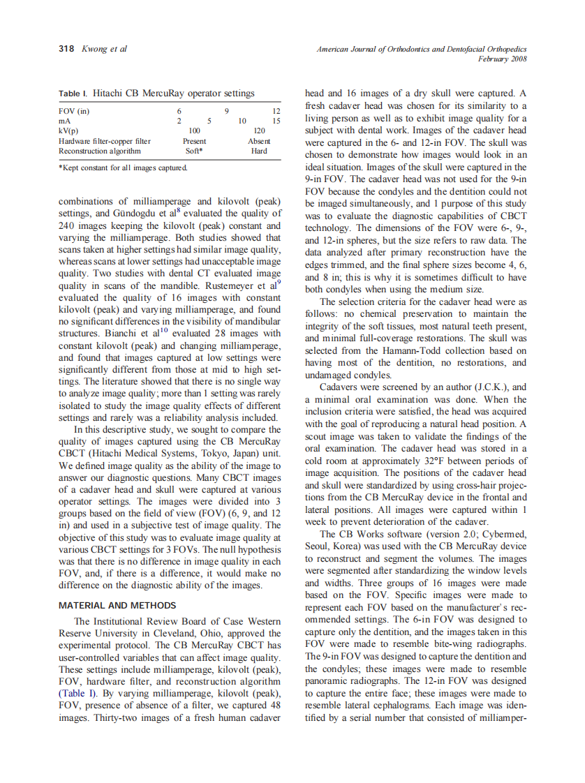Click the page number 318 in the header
(66, 49)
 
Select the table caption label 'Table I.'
(73, 93)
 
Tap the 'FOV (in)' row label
(74, 111)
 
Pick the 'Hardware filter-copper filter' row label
(105, 141)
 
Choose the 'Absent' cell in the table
(259, 141)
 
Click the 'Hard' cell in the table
(259, 151)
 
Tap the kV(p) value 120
(259, 130)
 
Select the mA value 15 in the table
(276, 121)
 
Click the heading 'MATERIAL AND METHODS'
(117, 605)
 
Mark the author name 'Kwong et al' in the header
(104, 49)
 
